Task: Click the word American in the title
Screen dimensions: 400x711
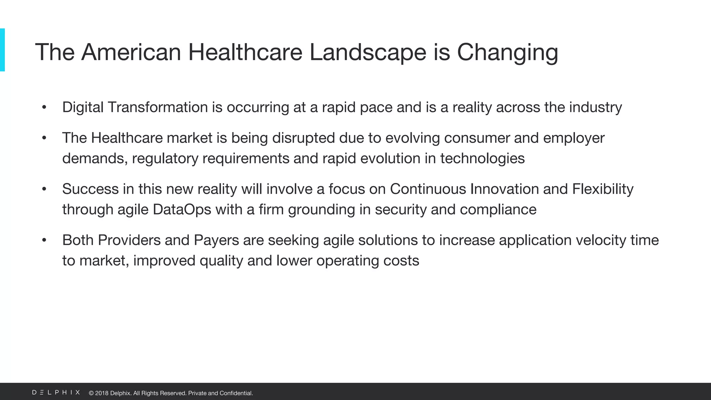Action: tap(131, 52)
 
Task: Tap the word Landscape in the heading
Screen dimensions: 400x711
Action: tap(367, 52)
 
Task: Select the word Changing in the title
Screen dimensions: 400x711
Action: tap(507, 53)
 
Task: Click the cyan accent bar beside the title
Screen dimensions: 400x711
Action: tap(2, 50)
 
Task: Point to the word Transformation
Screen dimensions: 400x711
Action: tap(158, 107)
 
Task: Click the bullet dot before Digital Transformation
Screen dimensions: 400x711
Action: tap(44, 107)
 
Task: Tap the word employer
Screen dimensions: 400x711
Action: tap(574, 138)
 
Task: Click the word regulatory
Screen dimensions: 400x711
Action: tap(165, 159)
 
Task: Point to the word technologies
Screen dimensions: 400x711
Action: tap(482, 159)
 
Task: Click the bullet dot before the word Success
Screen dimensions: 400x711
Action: tap(44, 189)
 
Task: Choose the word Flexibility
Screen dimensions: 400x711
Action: tap(603, 189)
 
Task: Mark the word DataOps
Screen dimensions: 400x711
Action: tap(182, 210)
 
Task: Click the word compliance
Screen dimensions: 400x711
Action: tap(498, 210)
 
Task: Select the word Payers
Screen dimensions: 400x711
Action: tap(216, 240)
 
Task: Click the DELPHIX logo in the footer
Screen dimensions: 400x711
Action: tap(56, 392)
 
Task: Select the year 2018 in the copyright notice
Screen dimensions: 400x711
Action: tap(102, 393)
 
